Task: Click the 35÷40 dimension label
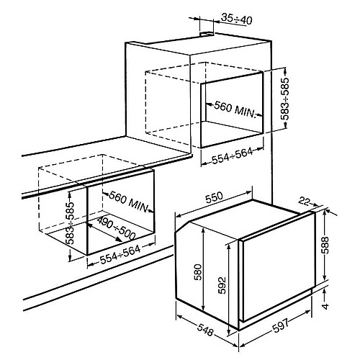236,19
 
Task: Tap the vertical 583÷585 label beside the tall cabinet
285,99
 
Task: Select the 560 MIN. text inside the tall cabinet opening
235,110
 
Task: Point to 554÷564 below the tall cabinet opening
233,156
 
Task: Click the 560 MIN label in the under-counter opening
129,202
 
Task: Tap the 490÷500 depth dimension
117,228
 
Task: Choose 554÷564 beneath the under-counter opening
120,255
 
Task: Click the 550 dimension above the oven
214,197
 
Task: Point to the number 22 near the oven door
305,202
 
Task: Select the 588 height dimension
325,245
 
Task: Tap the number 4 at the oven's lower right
325,306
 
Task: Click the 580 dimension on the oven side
198,272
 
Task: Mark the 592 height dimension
222,285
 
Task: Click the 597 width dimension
282,325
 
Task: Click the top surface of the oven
245,219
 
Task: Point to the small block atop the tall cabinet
207,34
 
